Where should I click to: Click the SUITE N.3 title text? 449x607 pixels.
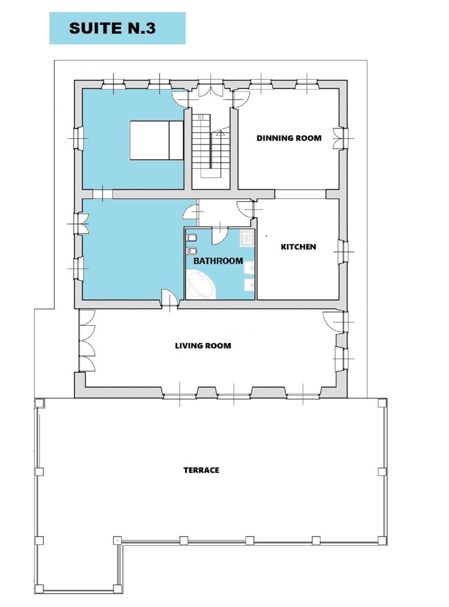112,28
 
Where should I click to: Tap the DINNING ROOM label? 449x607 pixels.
289,138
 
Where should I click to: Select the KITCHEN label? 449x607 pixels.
298,247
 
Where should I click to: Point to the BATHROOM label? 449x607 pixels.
218,261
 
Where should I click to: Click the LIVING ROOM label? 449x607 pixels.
203,346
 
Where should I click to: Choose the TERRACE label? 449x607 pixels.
201,470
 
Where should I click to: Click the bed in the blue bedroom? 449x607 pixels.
157,140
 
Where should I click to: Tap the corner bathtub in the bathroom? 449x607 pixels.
201,285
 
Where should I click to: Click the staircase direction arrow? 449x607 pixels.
221,133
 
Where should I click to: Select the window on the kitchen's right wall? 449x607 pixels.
343,252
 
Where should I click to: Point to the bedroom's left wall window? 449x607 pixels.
79,138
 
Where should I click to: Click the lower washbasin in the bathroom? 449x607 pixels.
249,285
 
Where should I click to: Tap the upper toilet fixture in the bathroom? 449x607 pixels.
191,238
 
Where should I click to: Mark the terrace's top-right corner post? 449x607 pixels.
382,403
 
